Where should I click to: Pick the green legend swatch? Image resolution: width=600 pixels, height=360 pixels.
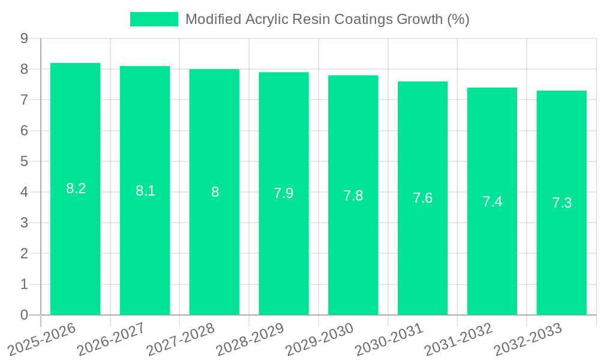pos(154,19)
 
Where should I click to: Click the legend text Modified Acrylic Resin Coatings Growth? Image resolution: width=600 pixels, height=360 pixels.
pos(327,19)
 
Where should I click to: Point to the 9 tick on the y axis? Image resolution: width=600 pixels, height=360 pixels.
pos(24,38)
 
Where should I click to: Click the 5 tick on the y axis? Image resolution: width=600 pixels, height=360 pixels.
pos(24,161)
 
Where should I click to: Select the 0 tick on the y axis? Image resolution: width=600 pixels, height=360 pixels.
pos(24,315)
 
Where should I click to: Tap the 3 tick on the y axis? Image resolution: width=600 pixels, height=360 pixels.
pos(24,223)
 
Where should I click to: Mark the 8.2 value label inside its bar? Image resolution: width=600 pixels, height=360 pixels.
pos(76,188)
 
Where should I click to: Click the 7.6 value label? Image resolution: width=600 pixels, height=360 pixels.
pos(422,198)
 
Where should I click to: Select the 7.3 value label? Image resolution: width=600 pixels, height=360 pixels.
pos(562,203)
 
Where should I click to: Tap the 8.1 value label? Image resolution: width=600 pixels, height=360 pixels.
pos(145,191)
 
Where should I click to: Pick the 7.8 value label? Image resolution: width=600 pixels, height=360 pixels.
pos(353,196)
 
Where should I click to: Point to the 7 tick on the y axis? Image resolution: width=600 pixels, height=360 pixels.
pos(24,100)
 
